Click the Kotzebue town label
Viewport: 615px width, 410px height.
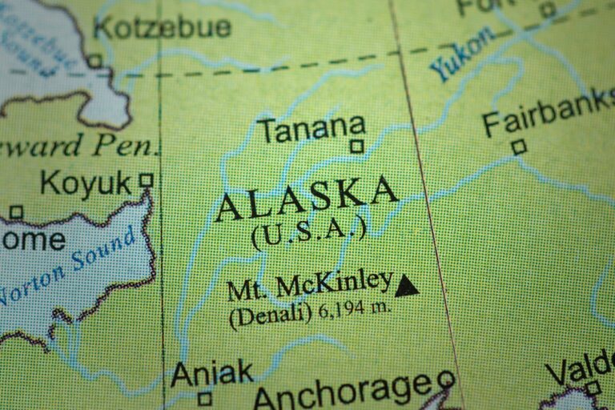(x=163, y=26)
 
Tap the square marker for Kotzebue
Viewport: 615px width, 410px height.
(x=94, y=61)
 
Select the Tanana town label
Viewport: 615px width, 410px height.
(x=311, y=127)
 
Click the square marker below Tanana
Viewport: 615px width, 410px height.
(x=357, y=147)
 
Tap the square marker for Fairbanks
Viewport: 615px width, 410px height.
(x=519, y=147)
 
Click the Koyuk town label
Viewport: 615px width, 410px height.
(x=86, y=184)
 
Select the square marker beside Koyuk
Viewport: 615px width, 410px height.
(x=146, y=180)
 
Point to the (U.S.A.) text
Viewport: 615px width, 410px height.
(x=308, y=232)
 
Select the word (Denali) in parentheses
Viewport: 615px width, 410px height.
(x=270, y=314)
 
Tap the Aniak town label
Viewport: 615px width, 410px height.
(x=211, y=372)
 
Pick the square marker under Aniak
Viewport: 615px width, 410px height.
(x=205, y=398)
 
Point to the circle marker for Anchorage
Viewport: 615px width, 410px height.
(x=445, y=379)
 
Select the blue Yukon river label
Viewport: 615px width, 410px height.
(x=461, y=54)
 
